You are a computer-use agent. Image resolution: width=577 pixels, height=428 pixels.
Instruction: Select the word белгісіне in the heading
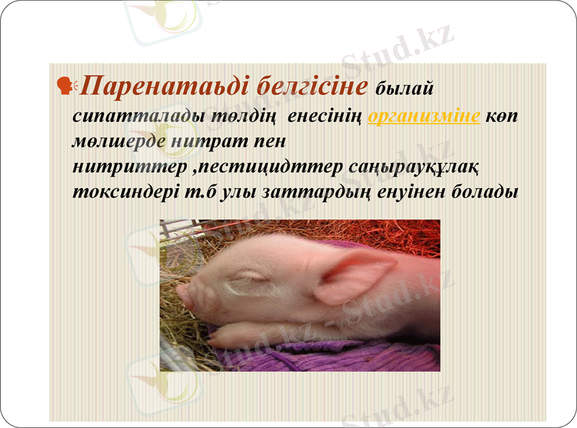pos(311,87)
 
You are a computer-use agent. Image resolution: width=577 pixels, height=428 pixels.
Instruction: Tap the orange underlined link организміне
pos(424,117)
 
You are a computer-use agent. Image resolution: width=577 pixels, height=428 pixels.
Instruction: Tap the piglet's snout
pos(184,293)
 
